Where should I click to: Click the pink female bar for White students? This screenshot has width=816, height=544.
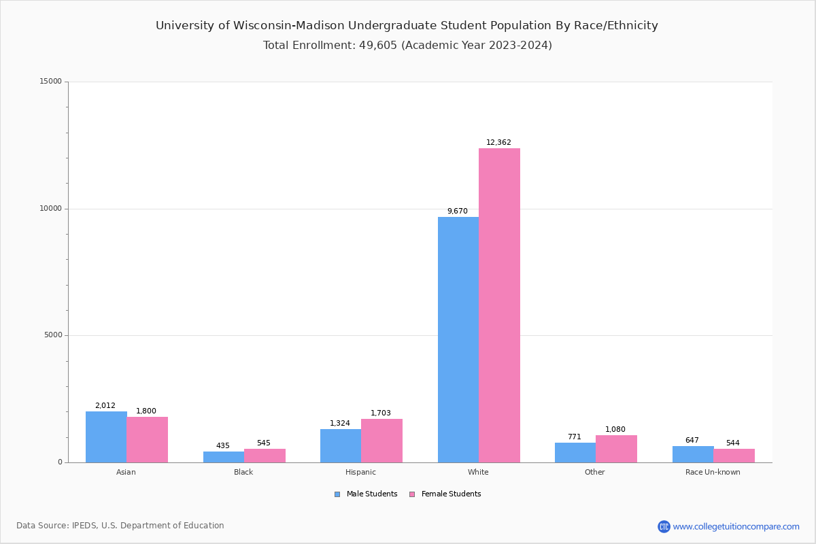click(x=499, y=306)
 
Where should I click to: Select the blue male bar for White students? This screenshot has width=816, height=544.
click(x=458, y=340)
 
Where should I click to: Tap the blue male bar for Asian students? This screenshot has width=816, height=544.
click(x=106, y=437)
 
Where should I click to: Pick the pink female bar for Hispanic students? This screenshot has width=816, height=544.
click(x=381, y=441)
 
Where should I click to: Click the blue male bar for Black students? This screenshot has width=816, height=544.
click(x=223, y=457)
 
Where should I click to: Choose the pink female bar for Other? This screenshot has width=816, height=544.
click(x=616, y=449)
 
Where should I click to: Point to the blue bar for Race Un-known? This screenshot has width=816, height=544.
click(x=692, y=454)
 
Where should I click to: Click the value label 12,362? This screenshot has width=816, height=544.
click(x=498, y=143)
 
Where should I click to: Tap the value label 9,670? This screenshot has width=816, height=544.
click(x=457, y=211)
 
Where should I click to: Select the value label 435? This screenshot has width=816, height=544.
click(x=223, y=446)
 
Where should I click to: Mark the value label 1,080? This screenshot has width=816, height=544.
click(x=615, y=430)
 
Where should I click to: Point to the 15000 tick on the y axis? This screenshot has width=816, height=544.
click(x=52, y=82)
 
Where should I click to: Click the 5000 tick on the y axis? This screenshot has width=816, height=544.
click(x=54, y=335)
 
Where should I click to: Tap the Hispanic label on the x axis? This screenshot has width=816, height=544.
click(x=360, y=472)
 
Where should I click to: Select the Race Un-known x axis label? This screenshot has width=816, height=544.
click(x=713, y=472)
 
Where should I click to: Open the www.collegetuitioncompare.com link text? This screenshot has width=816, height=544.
click(x=736, y=526)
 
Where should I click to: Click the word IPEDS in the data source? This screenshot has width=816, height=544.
click(x=84, y=526)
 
